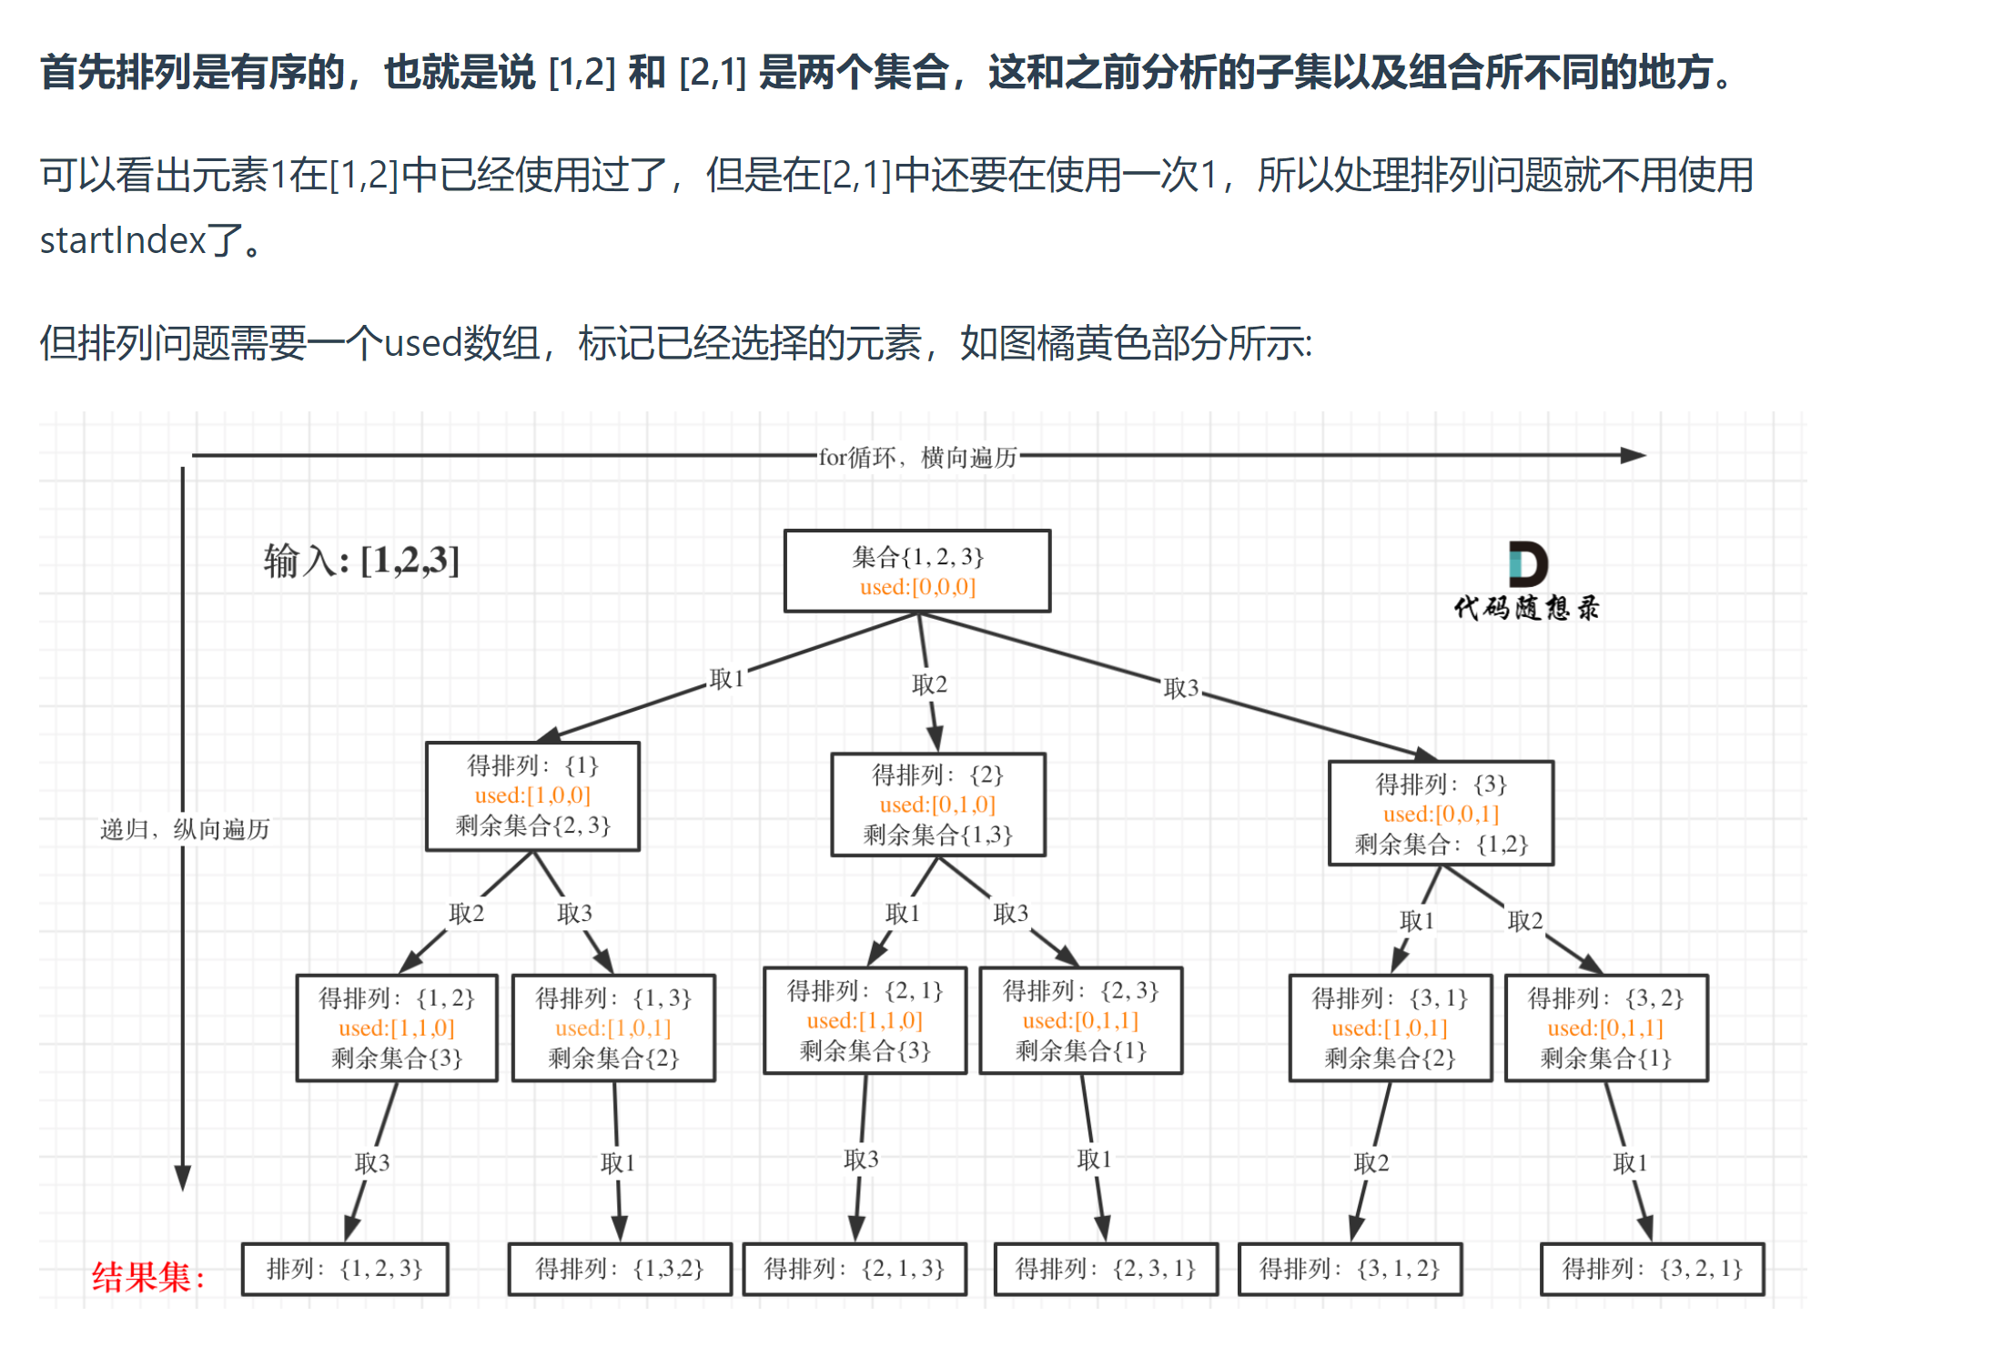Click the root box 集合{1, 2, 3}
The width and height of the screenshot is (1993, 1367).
pyautogui.click(x=916, y=571)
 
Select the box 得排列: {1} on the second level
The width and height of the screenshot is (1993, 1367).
pyautogui.click(x=532, y=795)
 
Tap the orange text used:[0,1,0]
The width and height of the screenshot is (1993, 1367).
pyautogui.click(x=937, y=805)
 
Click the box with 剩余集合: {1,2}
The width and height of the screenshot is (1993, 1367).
pyautogui.click(x=1441, y=813)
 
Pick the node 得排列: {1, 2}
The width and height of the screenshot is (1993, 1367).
pyautogui.click(x=397, y=1028)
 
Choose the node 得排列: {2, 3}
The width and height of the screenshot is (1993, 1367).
pyautogui.click(x=1080, y=1020)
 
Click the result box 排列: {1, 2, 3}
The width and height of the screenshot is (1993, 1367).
pyautogui.click(x=345, y=1269)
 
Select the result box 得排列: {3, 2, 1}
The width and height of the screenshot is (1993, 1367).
pyautogui.click(x=1652, y=1269)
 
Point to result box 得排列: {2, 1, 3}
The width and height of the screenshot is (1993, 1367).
pyautogui.click(x=855, y=1269)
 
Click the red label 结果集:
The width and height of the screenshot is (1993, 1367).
pyautogui.click(x=148, y=1277)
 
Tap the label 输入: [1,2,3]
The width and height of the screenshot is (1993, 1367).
pyautogui.click(x=361, y=561)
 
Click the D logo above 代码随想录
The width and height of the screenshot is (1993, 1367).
pyautogui.click(x=1527, y=564)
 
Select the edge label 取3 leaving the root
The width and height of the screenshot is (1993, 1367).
pyautogui.click(x=1180, y=688)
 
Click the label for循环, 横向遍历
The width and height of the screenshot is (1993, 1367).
pyautogui.click(x=917, y=457)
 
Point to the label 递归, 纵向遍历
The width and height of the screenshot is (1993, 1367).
pyautogui.click(x=185, y=829)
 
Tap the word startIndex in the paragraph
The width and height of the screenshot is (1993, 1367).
pyautogui.click(x=123, y=241)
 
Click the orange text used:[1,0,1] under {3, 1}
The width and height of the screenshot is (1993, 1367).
pyautogui.click(x=1390, y=1028)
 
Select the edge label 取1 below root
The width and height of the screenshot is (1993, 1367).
pyautogui.click(x=726, y=679)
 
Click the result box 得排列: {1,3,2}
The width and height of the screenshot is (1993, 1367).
pyautogui.click(x=619, y=1269)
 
